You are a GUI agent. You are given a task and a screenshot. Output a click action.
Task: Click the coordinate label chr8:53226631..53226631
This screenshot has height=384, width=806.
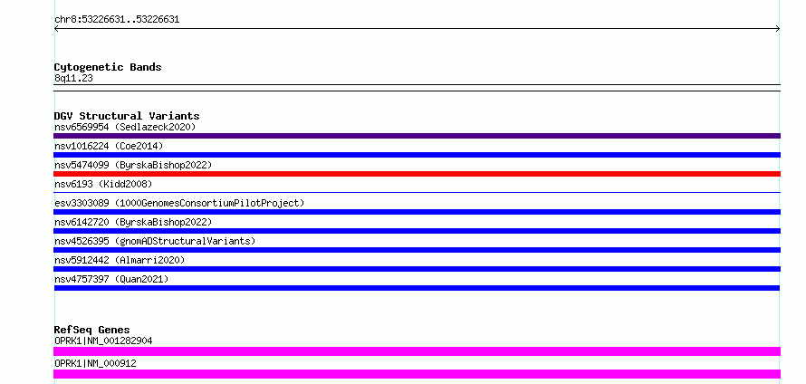pyautogui.click(x=117, y=20)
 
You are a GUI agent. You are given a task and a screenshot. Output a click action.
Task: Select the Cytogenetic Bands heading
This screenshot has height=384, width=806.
pyautogui.click(x=108, y=67)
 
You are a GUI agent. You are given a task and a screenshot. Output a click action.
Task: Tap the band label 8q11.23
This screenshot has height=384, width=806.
pyautogui.click(x=73, y=79)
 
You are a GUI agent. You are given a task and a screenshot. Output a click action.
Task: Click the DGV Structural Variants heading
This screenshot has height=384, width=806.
pyautogui.click(x=127, y=116)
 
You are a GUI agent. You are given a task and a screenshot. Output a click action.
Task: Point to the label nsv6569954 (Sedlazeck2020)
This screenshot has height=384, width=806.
pyautogui.click(x=125, y=127)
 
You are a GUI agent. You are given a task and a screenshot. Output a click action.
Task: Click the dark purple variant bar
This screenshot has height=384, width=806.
pyautogui.click(x=417, y=136)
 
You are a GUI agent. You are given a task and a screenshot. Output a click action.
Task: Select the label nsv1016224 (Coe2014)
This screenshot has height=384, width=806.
pyautogui.click(x=109, y=146)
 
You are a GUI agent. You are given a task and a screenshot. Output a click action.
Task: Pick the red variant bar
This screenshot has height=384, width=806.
pyautogui.click(x=417, y=174)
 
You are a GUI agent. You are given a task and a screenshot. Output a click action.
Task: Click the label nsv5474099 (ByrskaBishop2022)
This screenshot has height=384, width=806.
pyautogui.click(x=133, y=165)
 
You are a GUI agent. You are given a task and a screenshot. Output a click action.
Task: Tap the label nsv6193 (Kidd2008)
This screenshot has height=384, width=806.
pyautogui.click(x=103, y=184)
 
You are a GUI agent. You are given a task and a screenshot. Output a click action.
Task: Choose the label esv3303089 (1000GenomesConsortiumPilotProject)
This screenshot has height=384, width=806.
pyautogui.click(x=179, y=203)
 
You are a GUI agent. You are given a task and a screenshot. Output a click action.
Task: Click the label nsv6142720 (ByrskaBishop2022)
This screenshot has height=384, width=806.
pyautogui.click(x=133, y=222)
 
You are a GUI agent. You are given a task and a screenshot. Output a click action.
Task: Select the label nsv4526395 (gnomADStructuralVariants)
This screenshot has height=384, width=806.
pyautogui.click(x=155, y=241)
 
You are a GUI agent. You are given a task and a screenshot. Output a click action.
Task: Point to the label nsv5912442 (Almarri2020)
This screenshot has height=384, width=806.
pyautogui.click(x=120, y=260)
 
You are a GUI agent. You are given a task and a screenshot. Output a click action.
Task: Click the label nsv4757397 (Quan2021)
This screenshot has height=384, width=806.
pyautogui.click(x=111, y=279)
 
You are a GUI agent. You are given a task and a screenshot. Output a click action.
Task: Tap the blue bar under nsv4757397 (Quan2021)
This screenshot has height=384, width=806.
pyautogui.click(x=417, y=288)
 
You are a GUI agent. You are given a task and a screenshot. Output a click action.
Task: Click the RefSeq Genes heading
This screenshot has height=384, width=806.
pyautogui.click(x=92, y=330)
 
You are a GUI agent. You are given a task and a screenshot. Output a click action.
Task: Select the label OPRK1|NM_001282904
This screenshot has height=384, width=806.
pyautogui.click(x=103, y=341)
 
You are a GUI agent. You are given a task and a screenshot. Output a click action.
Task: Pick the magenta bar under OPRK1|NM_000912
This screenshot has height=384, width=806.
pyautogui.click(x=417, y=374)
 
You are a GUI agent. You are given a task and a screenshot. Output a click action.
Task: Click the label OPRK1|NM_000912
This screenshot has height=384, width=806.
pyautogui.click(x=95, y=363)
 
